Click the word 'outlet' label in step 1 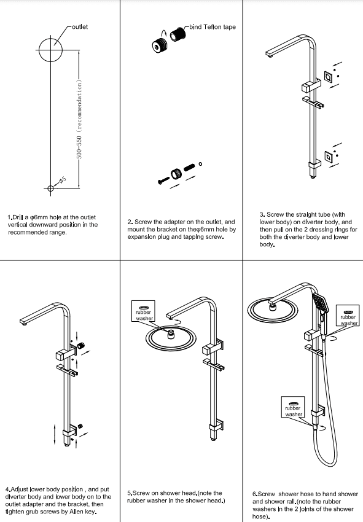click(80, 27)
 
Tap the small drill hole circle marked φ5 click(52, 188)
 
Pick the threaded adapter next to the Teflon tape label click(179, 35)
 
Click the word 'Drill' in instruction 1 click(18, 217)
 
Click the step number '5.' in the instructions click(130, 493)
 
